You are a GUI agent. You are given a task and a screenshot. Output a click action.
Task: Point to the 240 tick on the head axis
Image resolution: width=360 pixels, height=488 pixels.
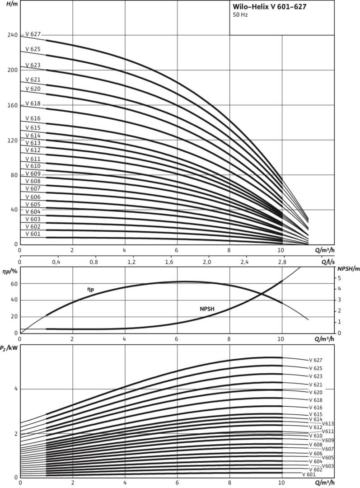click(x=12, y=35)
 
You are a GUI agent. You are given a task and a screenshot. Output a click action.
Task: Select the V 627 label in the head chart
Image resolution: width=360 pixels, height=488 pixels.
click(x=33, y=34)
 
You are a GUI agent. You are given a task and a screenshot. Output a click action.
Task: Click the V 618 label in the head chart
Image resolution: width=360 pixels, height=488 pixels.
click(x=33, y=103)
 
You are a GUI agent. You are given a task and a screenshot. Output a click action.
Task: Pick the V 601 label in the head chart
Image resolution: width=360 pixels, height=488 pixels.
click(x=33, y=234)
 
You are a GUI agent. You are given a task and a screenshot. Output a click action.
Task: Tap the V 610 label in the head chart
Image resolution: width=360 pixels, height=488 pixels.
click(x=33, y=166)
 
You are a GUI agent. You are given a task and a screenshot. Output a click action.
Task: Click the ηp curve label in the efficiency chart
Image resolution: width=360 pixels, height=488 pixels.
click(x=90, y=289)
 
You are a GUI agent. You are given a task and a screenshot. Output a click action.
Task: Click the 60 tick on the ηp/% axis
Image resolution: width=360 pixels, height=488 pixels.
click(x=14, y=284)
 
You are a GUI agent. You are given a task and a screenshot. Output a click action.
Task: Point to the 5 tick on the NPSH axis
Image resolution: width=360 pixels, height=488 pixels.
click(x=340, y=278)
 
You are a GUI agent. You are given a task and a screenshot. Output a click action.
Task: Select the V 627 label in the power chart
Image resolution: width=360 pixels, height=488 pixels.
click(x=316, y=360)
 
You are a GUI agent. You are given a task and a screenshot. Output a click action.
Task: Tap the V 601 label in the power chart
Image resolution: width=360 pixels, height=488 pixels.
click(x=309, y=474)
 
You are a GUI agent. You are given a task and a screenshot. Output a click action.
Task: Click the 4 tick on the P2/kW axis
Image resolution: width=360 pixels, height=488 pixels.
click(x=14, y=389)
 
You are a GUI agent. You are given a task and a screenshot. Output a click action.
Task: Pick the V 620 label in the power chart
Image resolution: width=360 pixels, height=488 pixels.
click(x=316, y=393)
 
